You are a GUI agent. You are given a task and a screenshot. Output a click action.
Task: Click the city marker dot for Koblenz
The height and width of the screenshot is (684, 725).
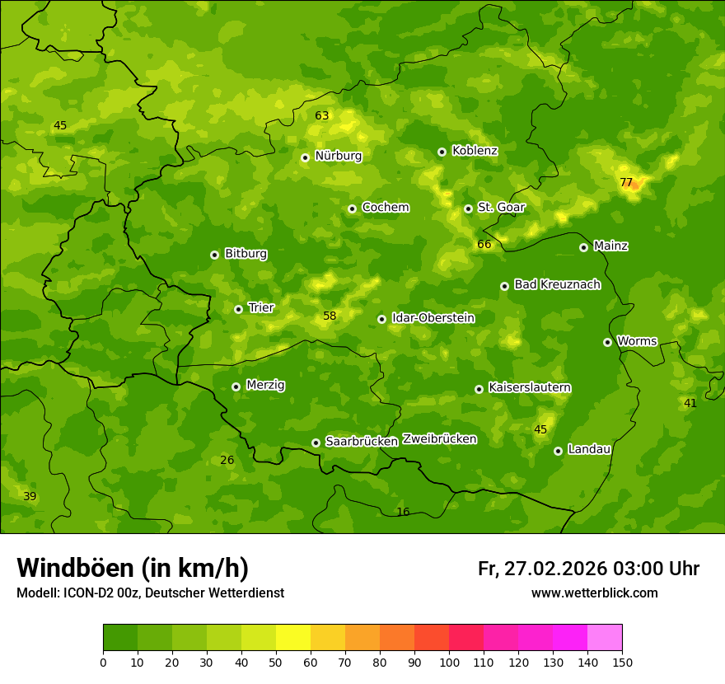442,152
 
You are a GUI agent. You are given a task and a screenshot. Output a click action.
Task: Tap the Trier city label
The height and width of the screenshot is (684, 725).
261,307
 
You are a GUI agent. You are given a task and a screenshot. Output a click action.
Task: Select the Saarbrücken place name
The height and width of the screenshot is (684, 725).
362,441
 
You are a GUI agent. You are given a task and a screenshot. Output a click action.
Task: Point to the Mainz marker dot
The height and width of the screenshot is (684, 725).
583,247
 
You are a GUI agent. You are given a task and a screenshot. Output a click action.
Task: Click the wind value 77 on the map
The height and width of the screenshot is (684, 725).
626,182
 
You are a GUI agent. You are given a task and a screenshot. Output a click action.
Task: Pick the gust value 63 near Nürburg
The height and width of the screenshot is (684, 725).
322,115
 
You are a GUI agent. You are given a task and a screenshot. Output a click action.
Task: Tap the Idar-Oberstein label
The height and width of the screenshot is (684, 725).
433,317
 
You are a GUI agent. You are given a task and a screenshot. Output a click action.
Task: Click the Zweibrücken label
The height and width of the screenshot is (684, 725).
439,438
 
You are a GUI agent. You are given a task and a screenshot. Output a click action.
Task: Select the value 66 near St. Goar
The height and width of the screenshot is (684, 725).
484,244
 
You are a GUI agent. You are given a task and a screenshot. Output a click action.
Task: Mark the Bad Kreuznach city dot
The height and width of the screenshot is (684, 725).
504,286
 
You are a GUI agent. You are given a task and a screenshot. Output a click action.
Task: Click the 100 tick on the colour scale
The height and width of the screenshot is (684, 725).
449,661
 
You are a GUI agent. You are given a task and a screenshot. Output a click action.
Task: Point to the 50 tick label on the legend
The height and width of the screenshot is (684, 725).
276,661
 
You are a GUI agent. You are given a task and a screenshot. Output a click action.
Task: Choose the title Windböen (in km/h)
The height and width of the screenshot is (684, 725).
133,568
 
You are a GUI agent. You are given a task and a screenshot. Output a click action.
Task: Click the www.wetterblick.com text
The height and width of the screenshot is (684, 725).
594,593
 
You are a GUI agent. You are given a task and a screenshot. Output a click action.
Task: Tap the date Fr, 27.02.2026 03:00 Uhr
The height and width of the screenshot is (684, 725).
588,569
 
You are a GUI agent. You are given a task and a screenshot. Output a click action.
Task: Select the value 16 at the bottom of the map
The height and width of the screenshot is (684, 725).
403,512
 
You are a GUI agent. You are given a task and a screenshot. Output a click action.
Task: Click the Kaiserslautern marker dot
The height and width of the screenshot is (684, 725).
479,389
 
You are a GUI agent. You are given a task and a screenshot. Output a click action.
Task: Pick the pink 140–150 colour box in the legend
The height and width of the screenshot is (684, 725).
605,638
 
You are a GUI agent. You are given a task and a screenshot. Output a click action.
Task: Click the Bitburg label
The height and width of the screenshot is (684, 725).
246,254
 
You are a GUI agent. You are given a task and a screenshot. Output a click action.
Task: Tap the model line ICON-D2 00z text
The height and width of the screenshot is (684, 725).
150,593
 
